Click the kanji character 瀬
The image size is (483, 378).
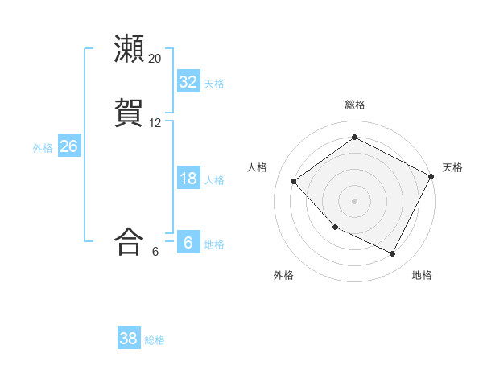[130, 49]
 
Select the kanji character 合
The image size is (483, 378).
[130, 242]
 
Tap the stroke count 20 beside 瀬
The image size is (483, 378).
[155, 59]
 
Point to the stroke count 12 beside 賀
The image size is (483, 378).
[155, 123]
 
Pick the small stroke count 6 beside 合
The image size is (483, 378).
[155, 252]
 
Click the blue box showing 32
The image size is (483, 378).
[188, 82]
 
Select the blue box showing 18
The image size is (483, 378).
[188, 179]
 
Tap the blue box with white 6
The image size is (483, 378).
[188, 243]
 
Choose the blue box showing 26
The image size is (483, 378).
[68, 146]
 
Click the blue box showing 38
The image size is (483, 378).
[128, 339]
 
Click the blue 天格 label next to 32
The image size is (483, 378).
[214, 84]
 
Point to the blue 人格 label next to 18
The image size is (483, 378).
[214, 180]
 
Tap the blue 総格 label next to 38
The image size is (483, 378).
[155, 340]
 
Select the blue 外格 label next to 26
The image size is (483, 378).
[43, 148]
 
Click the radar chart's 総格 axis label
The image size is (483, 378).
[355, 105]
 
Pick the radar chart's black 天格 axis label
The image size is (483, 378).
[452, 167]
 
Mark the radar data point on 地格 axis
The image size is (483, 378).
[393, 253]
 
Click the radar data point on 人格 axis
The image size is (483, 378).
[294, 181]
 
